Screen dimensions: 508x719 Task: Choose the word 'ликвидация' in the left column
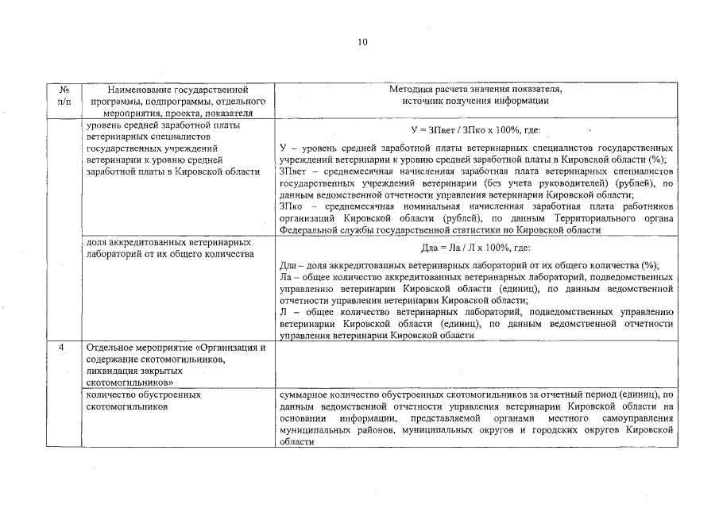coord(113,371)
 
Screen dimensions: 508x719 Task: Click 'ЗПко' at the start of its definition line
coord(292,206)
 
